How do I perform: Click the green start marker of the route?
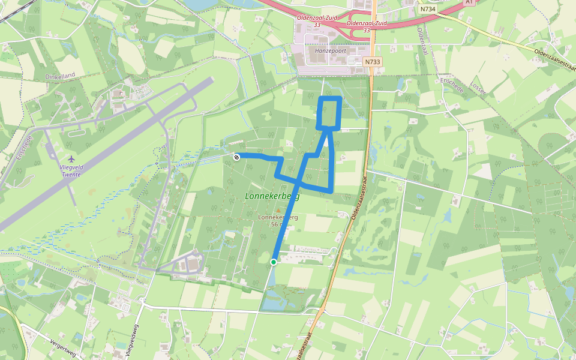[274, 262]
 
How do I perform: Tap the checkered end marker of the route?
[236, 157]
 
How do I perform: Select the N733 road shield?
[372, 62]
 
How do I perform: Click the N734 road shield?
[428, 9]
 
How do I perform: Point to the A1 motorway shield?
[469, 2]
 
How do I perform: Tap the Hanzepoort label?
[324, 52]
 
